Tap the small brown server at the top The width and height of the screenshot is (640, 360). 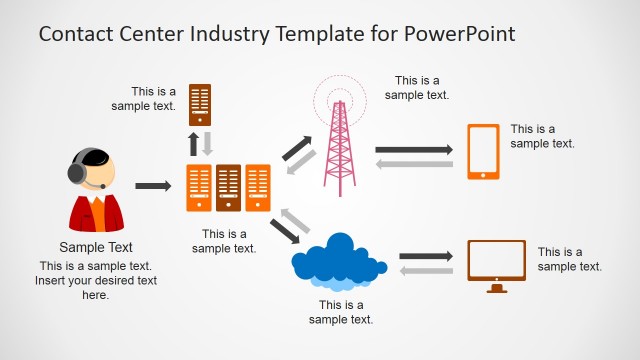(200, 104)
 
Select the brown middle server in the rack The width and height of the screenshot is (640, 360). (229, 187)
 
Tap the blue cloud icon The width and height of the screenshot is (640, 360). (339, 260)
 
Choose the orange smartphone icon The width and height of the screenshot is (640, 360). (484, 151)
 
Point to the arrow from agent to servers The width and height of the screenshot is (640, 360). (153, 186)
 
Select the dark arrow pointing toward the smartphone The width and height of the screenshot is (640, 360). (414, 149)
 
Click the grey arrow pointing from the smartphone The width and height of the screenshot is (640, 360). (414, 163)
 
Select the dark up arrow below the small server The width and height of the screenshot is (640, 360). (193, 143)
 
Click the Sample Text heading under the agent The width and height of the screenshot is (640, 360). (96, 247)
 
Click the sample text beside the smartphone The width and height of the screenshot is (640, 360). (542, 136)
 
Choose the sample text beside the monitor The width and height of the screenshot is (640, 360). (570, 259)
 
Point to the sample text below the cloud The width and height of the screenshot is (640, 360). (341, 312)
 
